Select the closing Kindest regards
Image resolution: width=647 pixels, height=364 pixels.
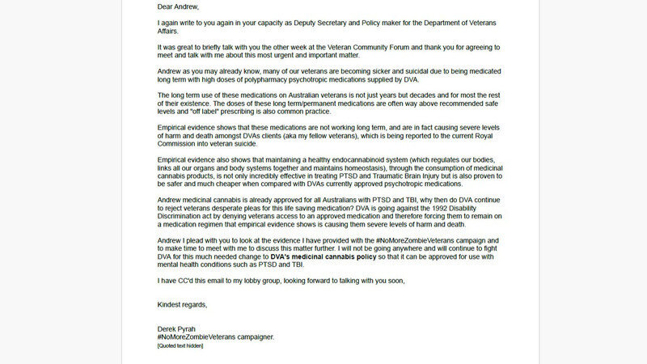tap(183, 305)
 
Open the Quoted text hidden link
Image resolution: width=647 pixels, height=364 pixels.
tap(180, 345)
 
